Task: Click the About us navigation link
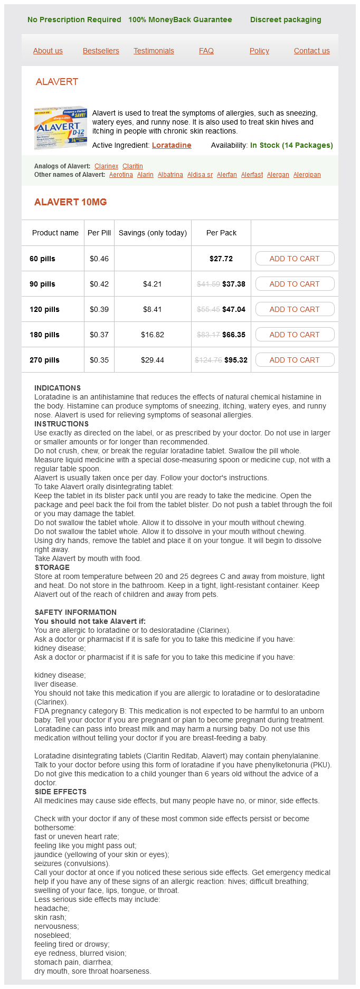coord(48,51)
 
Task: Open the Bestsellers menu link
coord(101,51)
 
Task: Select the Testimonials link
coord(154,51)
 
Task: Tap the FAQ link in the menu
coord(206,51)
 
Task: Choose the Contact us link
coord(311,51)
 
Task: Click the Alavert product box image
coord(60,127)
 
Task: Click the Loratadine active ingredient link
coord(172,145)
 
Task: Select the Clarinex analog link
coord(106,166)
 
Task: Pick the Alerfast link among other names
coord(252,175)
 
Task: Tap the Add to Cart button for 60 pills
coord(295,259)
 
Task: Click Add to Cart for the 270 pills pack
coord(295,360)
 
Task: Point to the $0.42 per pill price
coord(99,284)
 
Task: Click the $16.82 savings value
coord(153,335)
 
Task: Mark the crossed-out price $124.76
coord(208,360)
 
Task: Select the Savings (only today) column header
coord(153,233)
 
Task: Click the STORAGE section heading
coord(52,567)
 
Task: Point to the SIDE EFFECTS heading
coord(60,792)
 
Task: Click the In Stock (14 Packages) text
coord(291,145)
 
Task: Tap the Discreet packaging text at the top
coord(286,20)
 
